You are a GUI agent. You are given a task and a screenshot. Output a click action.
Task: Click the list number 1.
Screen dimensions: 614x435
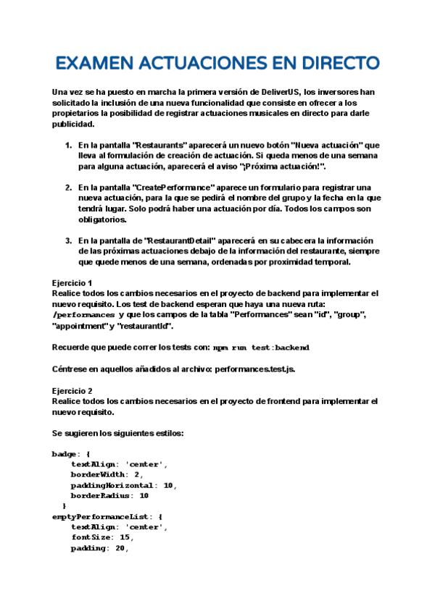click(68, 146)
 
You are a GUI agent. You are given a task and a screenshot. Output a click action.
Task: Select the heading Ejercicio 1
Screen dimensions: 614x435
click(72, 282)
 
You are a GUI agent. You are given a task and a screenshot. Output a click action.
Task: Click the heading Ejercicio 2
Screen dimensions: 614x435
click(72, 390)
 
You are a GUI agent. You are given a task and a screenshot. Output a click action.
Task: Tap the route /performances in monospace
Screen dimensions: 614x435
click(84, 316)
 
